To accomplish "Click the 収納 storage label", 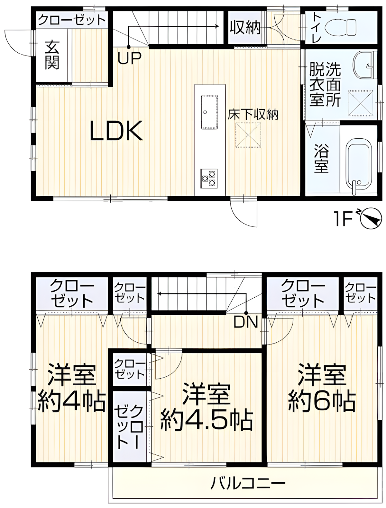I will tap(244, 28).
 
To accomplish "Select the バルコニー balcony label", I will tap(248, 482).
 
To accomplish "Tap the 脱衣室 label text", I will tap(316, 84).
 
